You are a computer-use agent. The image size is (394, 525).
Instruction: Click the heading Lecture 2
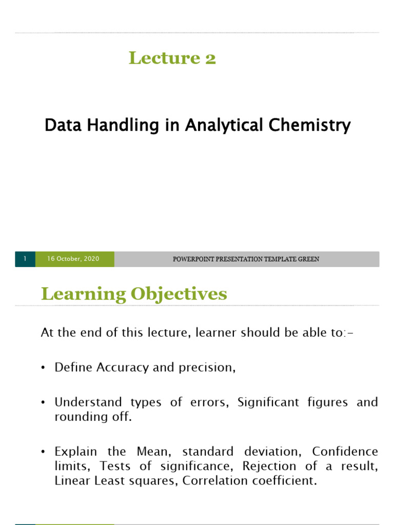click(x=172, y=58)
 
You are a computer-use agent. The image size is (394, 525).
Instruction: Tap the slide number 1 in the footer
click(x=25, y=259)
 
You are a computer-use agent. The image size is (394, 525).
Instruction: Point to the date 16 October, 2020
click(x=73, y=259)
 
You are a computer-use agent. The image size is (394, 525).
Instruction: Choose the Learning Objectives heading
click(x=133, y=294)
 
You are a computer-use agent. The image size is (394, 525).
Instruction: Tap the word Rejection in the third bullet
click(x=268, y=466)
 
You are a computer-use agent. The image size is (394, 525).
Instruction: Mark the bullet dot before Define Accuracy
click(x=44, y=368)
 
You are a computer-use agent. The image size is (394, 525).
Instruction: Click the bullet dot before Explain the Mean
click(x=44, y=452)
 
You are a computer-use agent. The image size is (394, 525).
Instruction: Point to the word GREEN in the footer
click(x=308, y=259)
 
